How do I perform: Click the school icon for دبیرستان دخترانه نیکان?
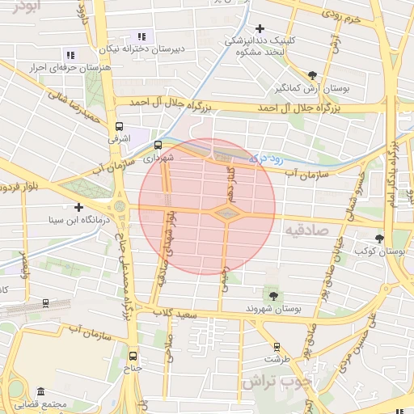[142, 36]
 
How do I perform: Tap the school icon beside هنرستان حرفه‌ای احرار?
[70, 55]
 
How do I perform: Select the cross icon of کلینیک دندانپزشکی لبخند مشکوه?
[260, 29]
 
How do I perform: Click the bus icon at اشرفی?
[120, 127]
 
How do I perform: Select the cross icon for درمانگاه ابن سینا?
[78, 207]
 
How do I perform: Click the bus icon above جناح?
[133, 356]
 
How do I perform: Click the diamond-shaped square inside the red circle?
[227, 213]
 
